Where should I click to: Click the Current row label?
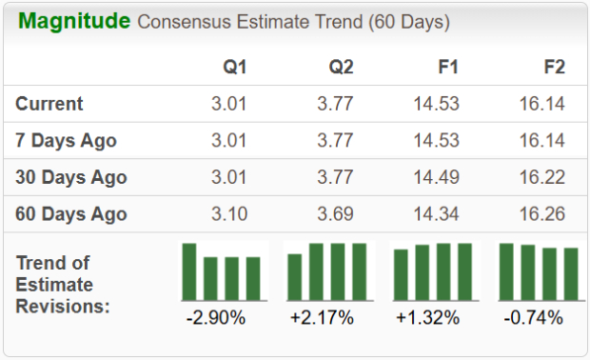pos(49,104)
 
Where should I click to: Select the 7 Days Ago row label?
pos(66,140)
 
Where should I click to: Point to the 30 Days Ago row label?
pos(71,177)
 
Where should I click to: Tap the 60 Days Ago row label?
pos(71,213)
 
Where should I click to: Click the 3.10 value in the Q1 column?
pos(228,213)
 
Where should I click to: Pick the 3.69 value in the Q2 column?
pos(335,213)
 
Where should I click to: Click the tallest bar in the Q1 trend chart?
pos(189,271)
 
